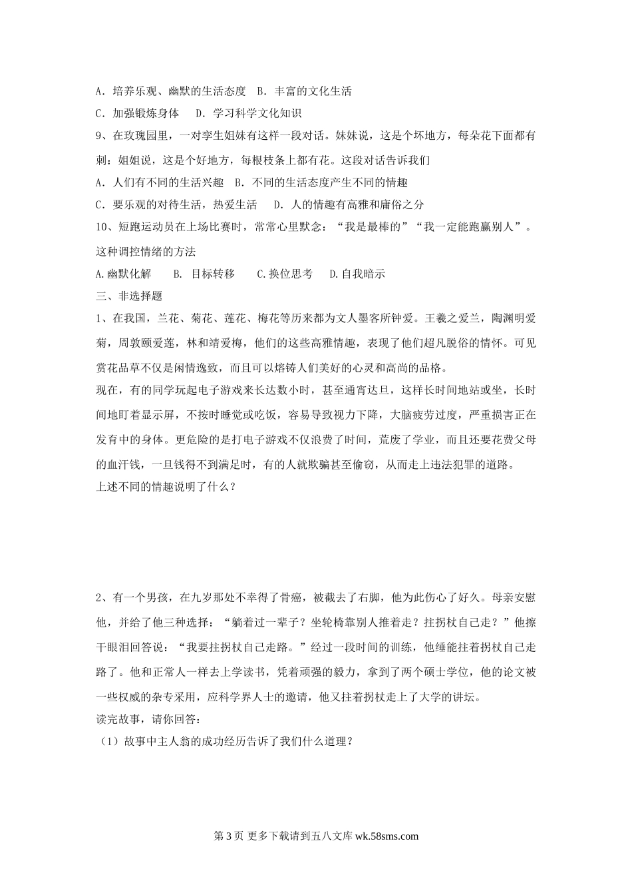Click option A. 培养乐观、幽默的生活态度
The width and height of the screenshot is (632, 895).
[x=171, y=91]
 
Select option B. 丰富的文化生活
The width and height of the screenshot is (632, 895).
[x=304, y=91]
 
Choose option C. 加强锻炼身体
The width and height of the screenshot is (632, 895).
[x=138, y=113]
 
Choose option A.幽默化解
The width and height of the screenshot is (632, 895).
[x=124, y=274]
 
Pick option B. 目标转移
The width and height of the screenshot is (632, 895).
[x=204, y=274]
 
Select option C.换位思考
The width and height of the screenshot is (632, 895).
[x=285, y=274]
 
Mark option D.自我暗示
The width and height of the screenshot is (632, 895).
[x=357, y=274]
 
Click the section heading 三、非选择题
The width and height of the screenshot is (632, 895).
[x=129, y=296]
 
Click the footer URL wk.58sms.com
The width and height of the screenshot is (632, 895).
[x=387, y=836]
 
